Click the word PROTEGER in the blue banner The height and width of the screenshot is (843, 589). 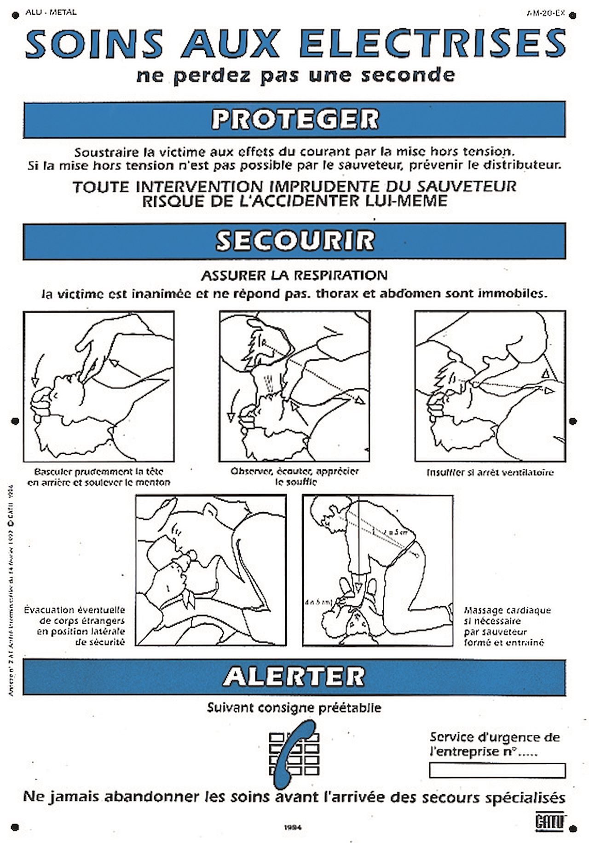point(294,119)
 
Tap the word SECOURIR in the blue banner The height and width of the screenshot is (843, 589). point(294,241)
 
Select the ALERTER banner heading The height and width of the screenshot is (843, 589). point(294,676)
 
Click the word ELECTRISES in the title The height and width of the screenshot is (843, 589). point(433,44)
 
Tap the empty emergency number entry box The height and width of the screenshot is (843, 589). point(497,770)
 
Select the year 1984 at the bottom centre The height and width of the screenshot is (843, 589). point(293,827)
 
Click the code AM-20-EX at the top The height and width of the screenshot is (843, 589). point(546,13)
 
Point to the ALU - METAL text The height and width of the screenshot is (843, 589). point(51,12)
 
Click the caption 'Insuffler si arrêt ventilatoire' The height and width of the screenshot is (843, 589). point(490,472)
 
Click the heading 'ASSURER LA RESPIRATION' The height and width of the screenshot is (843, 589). point(294,275)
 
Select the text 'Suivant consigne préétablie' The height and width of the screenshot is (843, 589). point(294,708)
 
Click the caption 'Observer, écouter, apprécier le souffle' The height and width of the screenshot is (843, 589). point(294,476)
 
